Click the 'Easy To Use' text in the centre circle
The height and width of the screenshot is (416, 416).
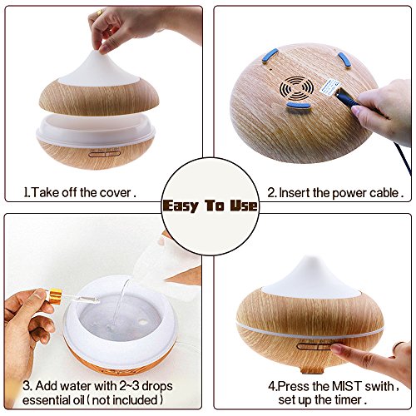pos(210,206)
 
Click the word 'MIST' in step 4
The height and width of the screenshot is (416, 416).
pos(347,386)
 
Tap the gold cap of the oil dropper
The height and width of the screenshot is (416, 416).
pos(54,296)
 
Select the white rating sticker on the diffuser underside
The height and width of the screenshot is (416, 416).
pos(329,87)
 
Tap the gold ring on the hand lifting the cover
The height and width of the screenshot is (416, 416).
pos(99,12)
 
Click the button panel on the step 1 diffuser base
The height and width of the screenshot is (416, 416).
pos(104,153)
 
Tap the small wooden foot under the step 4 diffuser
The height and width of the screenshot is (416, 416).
pos(312,369)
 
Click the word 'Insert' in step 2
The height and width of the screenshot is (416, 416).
pos(295,193)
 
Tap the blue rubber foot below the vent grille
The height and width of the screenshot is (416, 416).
pos(298,105)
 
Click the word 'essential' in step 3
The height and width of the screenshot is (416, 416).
pos(45,400)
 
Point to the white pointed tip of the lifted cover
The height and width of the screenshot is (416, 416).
pos(97,52)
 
